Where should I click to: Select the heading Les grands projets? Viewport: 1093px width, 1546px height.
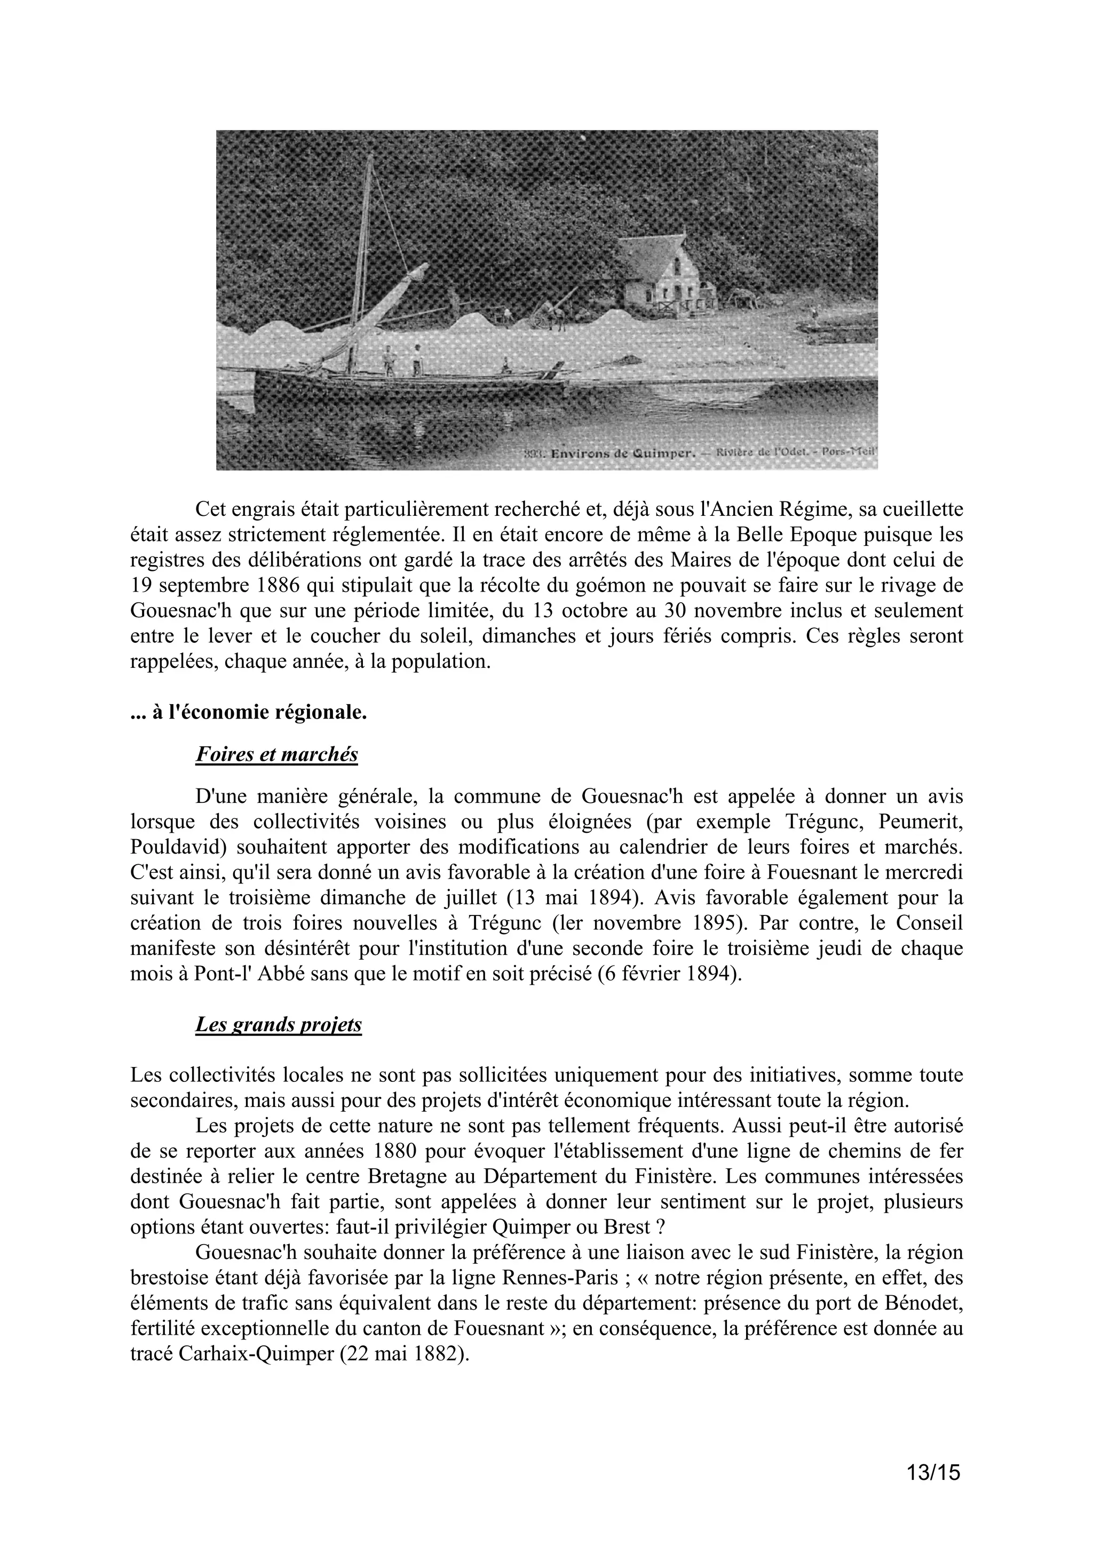[278, 1024]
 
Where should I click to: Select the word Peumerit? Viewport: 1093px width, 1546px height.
[916, 822]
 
